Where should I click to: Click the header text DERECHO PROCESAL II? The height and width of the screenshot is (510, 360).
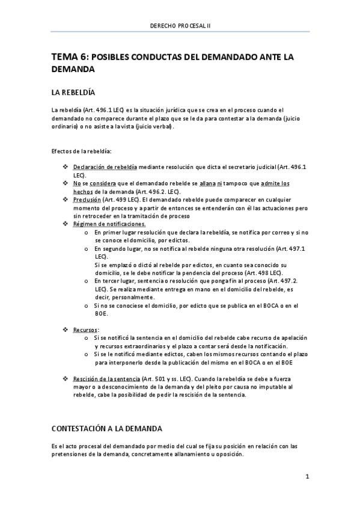click(180, 25)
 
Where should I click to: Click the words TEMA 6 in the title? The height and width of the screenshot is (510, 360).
click(69, 57)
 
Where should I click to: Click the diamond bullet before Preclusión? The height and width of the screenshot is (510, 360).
click(66, 200)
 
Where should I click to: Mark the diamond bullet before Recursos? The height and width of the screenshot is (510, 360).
click(66, 330)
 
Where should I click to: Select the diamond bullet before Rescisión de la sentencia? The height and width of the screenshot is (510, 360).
click(66, 378)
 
